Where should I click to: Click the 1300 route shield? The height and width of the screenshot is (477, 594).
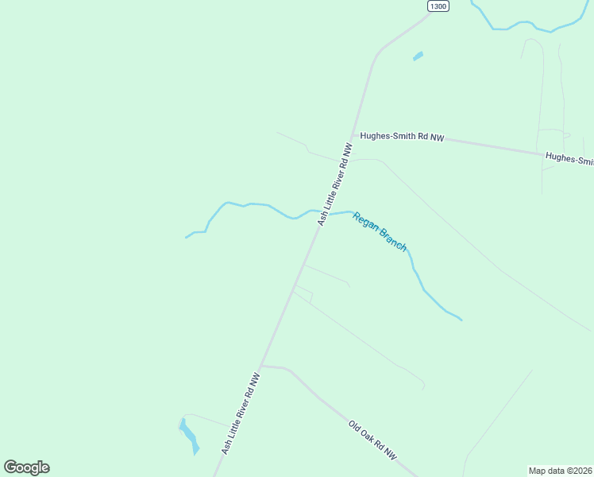(438, 6)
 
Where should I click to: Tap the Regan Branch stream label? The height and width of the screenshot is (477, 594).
(380, 231)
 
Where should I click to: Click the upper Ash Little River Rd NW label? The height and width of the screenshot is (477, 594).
(334, 184)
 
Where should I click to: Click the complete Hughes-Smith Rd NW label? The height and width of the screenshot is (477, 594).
(402, 137)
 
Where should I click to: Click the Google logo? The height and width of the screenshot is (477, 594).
(26, 467)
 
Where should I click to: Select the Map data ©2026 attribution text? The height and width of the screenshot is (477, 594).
(561, 470)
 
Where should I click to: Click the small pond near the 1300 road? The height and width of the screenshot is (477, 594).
(418, 56)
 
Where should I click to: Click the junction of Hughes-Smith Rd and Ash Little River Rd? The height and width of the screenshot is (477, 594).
(353, 137)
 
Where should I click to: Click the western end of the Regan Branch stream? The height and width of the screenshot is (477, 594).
(187, 237)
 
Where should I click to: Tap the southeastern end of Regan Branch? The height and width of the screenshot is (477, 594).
(460, 320)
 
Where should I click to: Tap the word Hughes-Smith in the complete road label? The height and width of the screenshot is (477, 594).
(387, 136)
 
